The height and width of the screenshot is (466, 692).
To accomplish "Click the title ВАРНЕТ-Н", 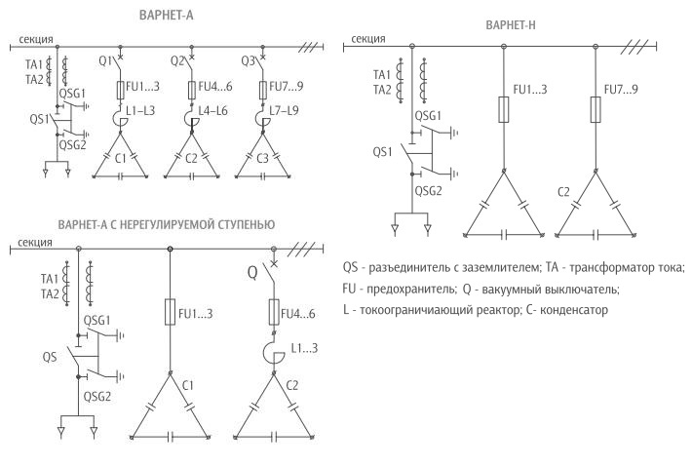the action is [x=510, y=25].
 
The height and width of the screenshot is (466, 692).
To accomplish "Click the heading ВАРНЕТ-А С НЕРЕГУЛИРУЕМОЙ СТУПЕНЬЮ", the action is [x=167, y=224].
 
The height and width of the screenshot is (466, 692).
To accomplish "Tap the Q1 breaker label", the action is [x=105, y=61].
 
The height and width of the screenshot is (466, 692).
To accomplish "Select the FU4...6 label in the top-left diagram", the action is [x=215, y=87].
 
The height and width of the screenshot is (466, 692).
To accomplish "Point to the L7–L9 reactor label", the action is [x=284, y=110].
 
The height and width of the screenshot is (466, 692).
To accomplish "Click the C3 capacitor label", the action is [x=262, y=158].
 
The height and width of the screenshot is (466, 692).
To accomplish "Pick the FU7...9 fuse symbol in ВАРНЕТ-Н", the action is [x=596, y=109].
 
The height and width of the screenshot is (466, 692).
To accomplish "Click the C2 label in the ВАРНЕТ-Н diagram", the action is [x=563, y=192].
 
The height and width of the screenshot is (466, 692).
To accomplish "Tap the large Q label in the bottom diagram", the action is [x=252, y=273].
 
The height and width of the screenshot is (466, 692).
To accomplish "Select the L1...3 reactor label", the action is [x=304, y=348].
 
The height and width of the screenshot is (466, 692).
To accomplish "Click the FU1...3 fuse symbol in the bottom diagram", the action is [x=170, y=312].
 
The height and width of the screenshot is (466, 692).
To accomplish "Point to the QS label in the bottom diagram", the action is [x=50, y=357].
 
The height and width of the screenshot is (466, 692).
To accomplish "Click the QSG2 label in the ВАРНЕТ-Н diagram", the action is [x=428, y=191].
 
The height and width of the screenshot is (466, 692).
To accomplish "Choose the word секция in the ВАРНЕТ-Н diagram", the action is [x=368, y=39].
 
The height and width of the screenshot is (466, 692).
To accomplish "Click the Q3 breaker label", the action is [x=248, y=61].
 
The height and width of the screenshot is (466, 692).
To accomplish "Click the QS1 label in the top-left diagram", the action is [x=39, y=119].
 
